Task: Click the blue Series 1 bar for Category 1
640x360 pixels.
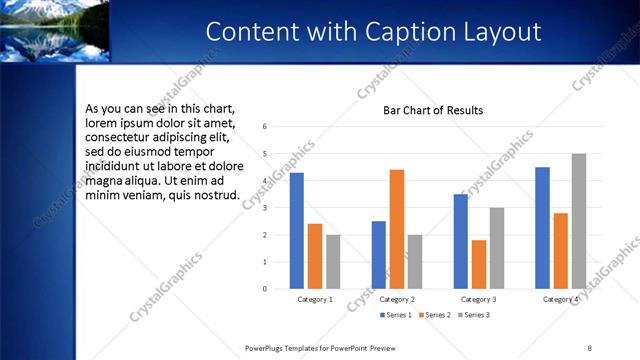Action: pyautogui.click(x=297, y=231)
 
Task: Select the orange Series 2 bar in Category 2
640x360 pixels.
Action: pyautogui.click(x=397, y=229)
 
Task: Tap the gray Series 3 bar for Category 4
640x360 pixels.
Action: pyautogui.click(x=579, y=221)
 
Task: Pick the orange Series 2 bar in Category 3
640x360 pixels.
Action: pyautogui.click(x=479, y=264)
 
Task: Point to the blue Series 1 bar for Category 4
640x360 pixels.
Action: pyautogui.click(x=543, y=228)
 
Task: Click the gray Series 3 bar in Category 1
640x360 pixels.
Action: pyautogui.click(x=333, y=262)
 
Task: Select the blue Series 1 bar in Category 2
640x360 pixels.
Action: pyautogui.click(x=379, y=255)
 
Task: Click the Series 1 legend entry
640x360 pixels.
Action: pyautogui.click(x=395, y=315)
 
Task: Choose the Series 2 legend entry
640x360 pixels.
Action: pyautogui.click(x=437, y=315)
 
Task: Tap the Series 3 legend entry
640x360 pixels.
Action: pyautogui.click(x=477, y=315)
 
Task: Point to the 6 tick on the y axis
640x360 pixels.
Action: pyautogui.click(x=265, y=127)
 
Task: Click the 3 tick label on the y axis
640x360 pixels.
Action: pyautogui.click(x=265, y=208)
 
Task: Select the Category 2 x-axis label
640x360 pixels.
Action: pyautogui.click(x=397, y=299)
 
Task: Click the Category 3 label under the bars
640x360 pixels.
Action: pyautogui.click(x=479, y=299)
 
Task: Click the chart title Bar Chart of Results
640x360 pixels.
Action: pyautogui.click(x=433, y=110)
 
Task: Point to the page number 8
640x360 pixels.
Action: pyautogui.click(x=590, y=347)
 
